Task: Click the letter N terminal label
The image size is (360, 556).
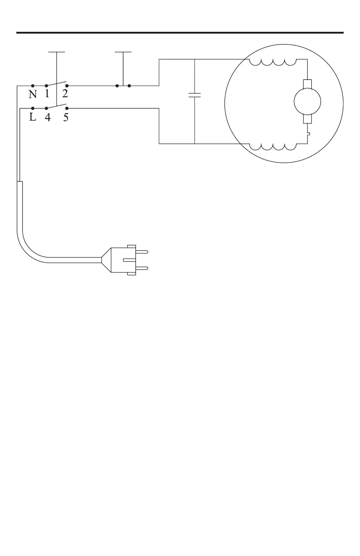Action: coord(33,94)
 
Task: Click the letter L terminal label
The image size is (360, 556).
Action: coord(33,118)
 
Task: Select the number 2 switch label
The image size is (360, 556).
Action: coord(65,94)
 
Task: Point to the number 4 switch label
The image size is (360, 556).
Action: coord(47,118)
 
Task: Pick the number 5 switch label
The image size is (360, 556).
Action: coord(66,118)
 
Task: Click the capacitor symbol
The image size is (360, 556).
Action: coord(195,95)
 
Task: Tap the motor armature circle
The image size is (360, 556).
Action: coord(308,101)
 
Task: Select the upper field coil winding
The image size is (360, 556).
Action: coord(273,62)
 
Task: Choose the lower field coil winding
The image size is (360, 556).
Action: coord(273,147)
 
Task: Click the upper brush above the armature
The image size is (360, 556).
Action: coord(308,84)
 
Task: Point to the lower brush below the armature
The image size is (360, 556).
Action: coord(308,119)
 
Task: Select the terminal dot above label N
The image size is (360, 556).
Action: coord(33,85)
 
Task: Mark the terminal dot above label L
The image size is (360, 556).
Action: coord(33,109)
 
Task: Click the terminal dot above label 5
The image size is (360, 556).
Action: coord(67,109)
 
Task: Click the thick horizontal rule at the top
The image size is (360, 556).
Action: coord(180,33)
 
